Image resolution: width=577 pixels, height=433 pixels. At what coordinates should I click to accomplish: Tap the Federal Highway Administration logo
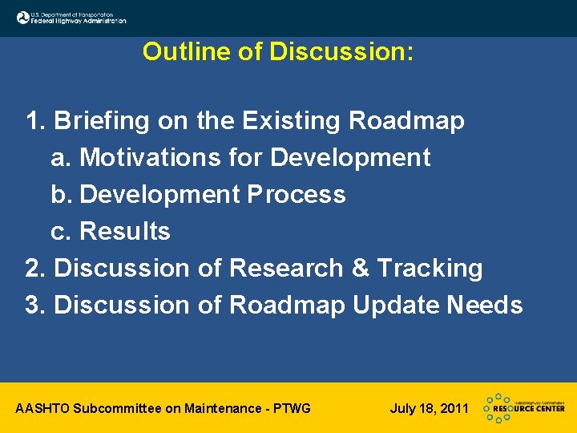tap(71, 17)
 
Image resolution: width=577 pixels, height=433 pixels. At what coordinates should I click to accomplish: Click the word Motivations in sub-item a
tap(151, 158)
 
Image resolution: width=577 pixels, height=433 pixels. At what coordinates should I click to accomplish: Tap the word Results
tap(125, 232)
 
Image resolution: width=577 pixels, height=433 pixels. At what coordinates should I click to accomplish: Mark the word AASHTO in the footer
tap(42, 409)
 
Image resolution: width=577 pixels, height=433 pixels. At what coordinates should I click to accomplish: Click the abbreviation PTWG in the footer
tap(292, 409)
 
